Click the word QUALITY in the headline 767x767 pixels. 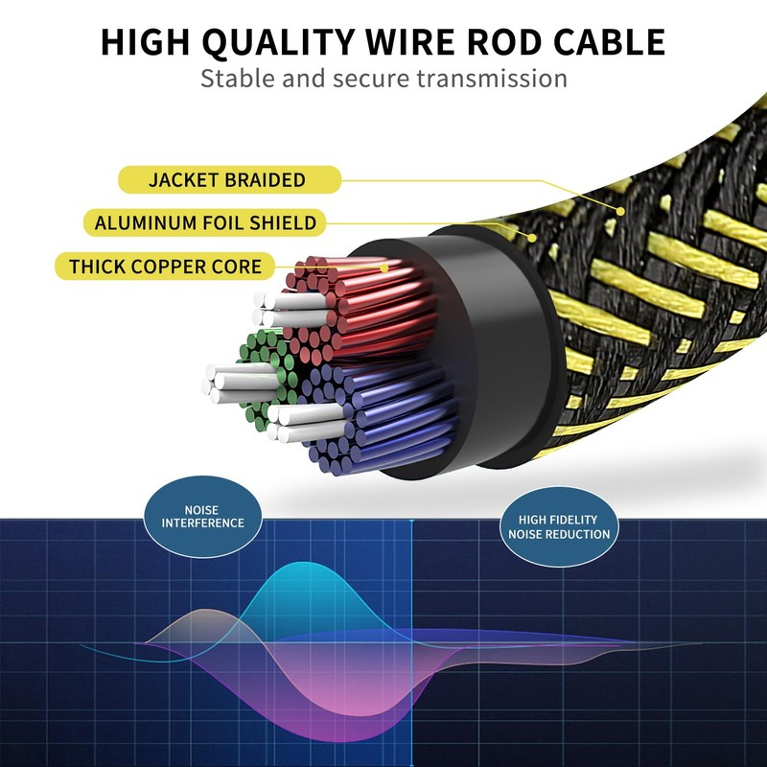click(278, 42)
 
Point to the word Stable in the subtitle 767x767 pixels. click(238, 79)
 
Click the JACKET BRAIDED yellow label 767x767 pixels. click(229, 179)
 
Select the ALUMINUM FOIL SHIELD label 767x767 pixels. click(205, 222)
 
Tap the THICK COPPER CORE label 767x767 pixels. click(165, 267)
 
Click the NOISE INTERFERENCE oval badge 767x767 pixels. click(203, 517)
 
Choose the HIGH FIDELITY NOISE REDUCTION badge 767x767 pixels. click(559, 526)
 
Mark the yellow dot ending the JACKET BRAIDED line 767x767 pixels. click(620, 211)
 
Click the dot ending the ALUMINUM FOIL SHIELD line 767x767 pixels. click(532, 238)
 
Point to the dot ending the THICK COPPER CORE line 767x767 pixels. click(384, 268)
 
